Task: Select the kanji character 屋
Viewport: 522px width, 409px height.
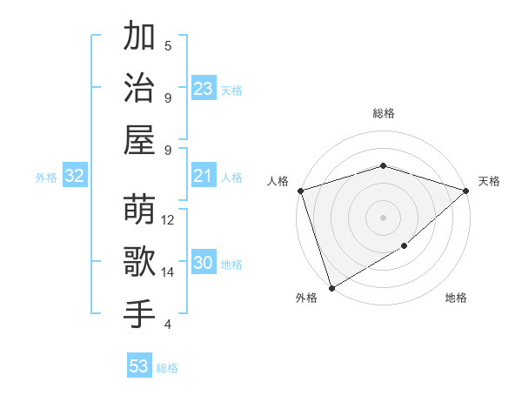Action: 139,139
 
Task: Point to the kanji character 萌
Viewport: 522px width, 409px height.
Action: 139,210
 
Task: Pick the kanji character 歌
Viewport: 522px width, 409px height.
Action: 139,261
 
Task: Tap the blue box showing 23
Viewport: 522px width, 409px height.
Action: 204,88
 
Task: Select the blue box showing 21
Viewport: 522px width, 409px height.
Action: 204,176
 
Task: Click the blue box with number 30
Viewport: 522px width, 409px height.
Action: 204,263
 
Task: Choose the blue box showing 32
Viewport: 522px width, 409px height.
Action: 75,176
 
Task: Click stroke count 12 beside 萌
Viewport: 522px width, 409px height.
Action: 169,220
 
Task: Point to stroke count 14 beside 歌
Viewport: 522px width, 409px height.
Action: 169,272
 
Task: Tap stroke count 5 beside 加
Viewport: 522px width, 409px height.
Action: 168,45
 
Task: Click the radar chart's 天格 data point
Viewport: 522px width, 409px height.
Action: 466,191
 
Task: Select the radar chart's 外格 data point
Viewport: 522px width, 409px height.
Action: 331,287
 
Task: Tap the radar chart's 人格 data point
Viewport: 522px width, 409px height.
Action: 300,191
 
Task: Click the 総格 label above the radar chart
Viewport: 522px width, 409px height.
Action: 383,113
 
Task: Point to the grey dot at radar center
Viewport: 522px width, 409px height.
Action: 383,218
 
